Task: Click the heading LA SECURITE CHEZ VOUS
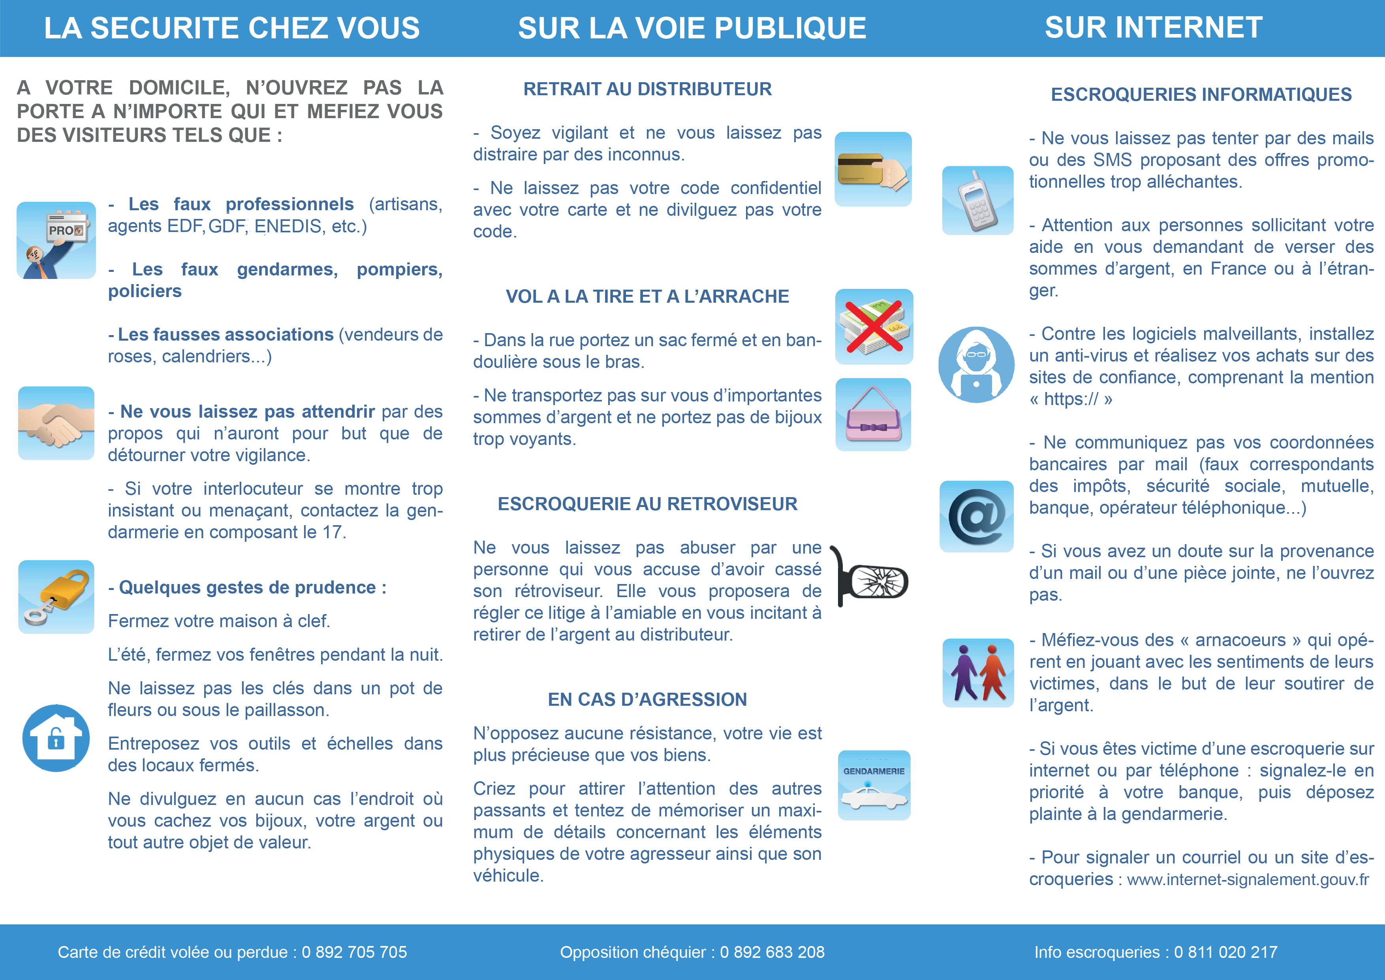[x=232, y=28]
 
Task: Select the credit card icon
[x=873, y=170]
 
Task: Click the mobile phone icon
[x=977, y=200]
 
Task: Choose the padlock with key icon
[x=56, y=596]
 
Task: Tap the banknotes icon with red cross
[x=874, y=326]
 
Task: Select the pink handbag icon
[x=873, y=415]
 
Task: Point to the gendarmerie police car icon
[x=874, y=785]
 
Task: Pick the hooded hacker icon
[x=976, y=364]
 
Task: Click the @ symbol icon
[x=976, y=516]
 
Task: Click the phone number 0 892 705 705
[x=354, y=952]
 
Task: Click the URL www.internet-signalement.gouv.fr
[x=1248, y=880]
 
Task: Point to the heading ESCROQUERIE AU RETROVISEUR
[x=647, y=504]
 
